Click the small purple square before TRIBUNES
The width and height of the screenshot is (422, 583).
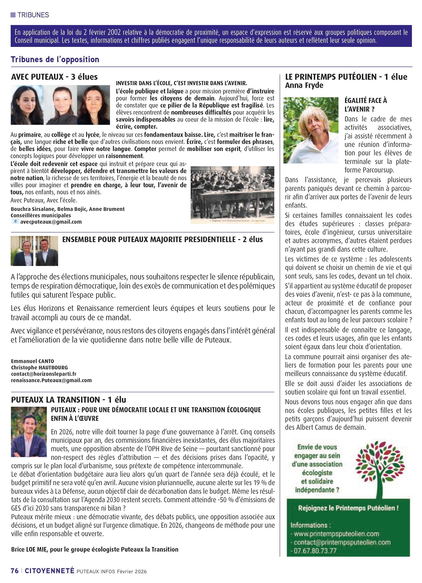tap(13, 15)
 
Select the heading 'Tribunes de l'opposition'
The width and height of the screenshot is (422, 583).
tap(55, 59)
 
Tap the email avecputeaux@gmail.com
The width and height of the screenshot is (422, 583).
tap(51, 222)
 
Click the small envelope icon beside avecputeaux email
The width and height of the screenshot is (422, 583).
tap(15, 221)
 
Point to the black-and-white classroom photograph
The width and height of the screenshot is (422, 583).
tap(232, 194)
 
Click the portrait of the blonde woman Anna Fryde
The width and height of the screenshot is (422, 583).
tap(311, 130)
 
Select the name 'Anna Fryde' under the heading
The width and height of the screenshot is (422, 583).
tap(304, 85)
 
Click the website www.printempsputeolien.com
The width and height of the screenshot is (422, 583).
tap(336, 534)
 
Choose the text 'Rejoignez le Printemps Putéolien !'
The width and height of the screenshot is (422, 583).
tap(348, 508)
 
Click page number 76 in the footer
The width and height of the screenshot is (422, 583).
tap(15, 571)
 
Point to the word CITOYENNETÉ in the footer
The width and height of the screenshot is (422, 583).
tap(49, 571)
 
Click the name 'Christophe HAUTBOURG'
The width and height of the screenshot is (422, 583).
tap(39, 367)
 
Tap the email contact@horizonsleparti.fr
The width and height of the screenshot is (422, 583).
tap(43, 374)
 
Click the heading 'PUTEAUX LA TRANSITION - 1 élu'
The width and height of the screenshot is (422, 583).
tap(68, 400)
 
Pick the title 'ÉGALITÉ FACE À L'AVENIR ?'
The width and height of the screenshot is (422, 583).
tap(365, 105)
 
